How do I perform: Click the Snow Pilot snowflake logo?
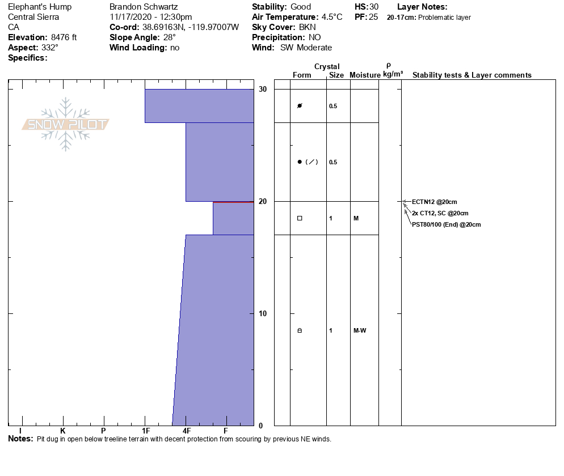click(66, 124)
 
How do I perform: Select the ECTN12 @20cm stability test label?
click(435, 202)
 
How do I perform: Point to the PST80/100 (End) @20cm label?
click(447, 224)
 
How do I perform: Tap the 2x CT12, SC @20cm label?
click(440, 213)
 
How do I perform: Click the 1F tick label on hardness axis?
click(145, 431)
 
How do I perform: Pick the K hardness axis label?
click(63, 431)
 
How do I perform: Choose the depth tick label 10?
click(262, 313)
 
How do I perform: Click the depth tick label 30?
click(262, 89)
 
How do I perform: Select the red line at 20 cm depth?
click(233, 202)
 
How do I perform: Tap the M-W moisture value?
click(360, 330)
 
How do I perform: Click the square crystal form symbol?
click(300, 218)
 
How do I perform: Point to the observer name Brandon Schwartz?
click(143, 7)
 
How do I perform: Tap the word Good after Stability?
click(301, 7)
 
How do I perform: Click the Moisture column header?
click(365, 75)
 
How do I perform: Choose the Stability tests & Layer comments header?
click(472, 75)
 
